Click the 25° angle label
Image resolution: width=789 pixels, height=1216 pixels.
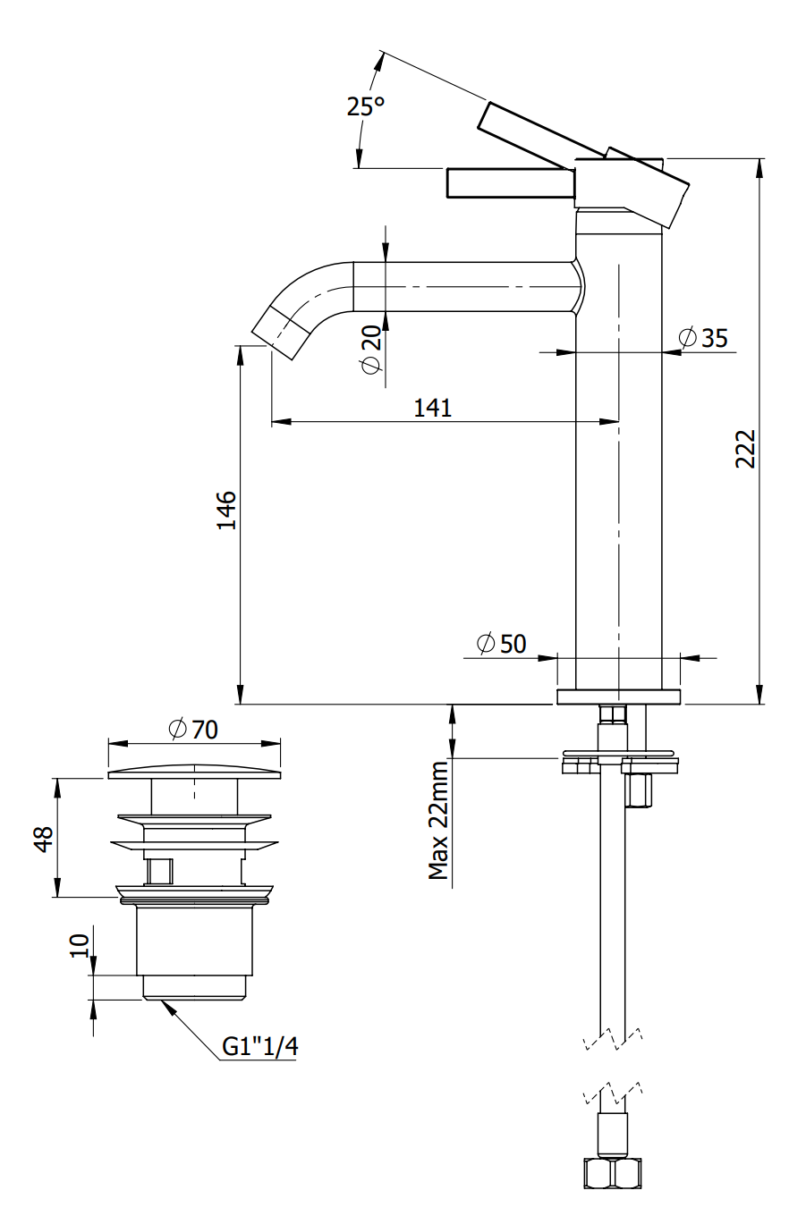click(x=366, y=106)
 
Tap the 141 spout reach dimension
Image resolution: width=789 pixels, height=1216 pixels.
click(x=433, y=408)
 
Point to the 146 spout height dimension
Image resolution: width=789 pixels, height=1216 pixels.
click(x=227, y=510)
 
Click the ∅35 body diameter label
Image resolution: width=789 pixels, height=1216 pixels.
click(x=703, y=338)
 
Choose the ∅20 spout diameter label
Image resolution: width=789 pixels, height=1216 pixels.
click(x=371, y=350)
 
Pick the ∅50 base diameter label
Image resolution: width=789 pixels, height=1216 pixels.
click(x=502, y=643)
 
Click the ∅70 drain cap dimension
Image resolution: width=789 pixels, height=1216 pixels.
click(x=193, y=729)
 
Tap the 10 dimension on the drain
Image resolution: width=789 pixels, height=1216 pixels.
click(x=81, y=944)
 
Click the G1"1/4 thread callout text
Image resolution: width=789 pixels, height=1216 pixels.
click(x=259, y=1047)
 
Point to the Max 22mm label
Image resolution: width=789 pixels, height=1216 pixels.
click(x=438, y=821)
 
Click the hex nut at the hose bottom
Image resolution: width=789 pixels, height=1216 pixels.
click(x=612, y=1172)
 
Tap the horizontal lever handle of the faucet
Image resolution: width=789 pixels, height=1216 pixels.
click(x=510, y=182)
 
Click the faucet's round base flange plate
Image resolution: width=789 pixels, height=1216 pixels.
click(x=618, y=697)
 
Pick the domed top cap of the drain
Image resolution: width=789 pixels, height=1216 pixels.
click(x=193, y=772)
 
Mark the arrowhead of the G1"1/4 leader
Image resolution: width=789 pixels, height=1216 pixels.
click(x=164, y=1004)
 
